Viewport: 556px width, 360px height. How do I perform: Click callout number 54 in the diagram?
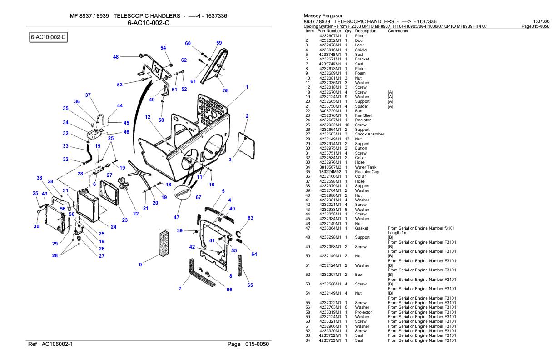[163, 48]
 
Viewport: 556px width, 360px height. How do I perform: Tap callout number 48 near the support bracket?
[116, 57]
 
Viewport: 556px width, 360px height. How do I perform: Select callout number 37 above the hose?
[88, 95]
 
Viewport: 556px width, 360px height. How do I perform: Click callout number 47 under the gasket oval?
[176, 217]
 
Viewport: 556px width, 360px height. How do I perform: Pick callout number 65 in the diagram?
[249, 285]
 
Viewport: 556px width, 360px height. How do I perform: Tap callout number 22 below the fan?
[135, 214]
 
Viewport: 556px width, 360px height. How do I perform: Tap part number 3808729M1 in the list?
[330, 111]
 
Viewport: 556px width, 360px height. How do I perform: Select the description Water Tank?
[365, 167]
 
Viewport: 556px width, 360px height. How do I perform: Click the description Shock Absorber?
[370, 134]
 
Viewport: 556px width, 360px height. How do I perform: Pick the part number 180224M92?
[330, 172]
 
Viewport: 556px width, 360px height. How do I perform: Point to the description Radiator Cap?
[367, 172]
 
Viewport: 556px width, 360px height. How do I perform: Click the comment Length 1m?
[397, 232]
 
